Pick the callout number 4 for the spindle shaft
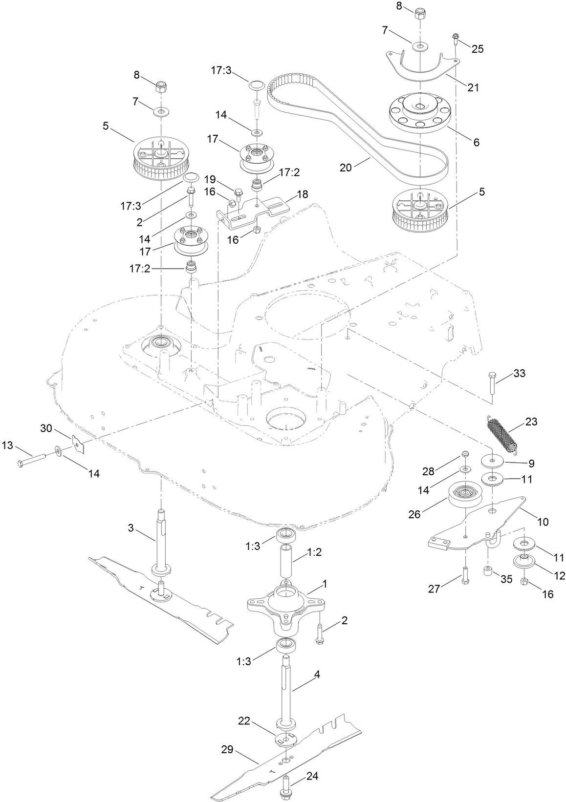click(x=317, y=675)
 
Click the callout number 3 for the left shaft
click(x=131, y=528)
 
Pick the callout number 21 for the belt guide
click(x=473, y=87)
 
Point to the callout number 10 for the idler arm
click(x=543, y=522)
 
